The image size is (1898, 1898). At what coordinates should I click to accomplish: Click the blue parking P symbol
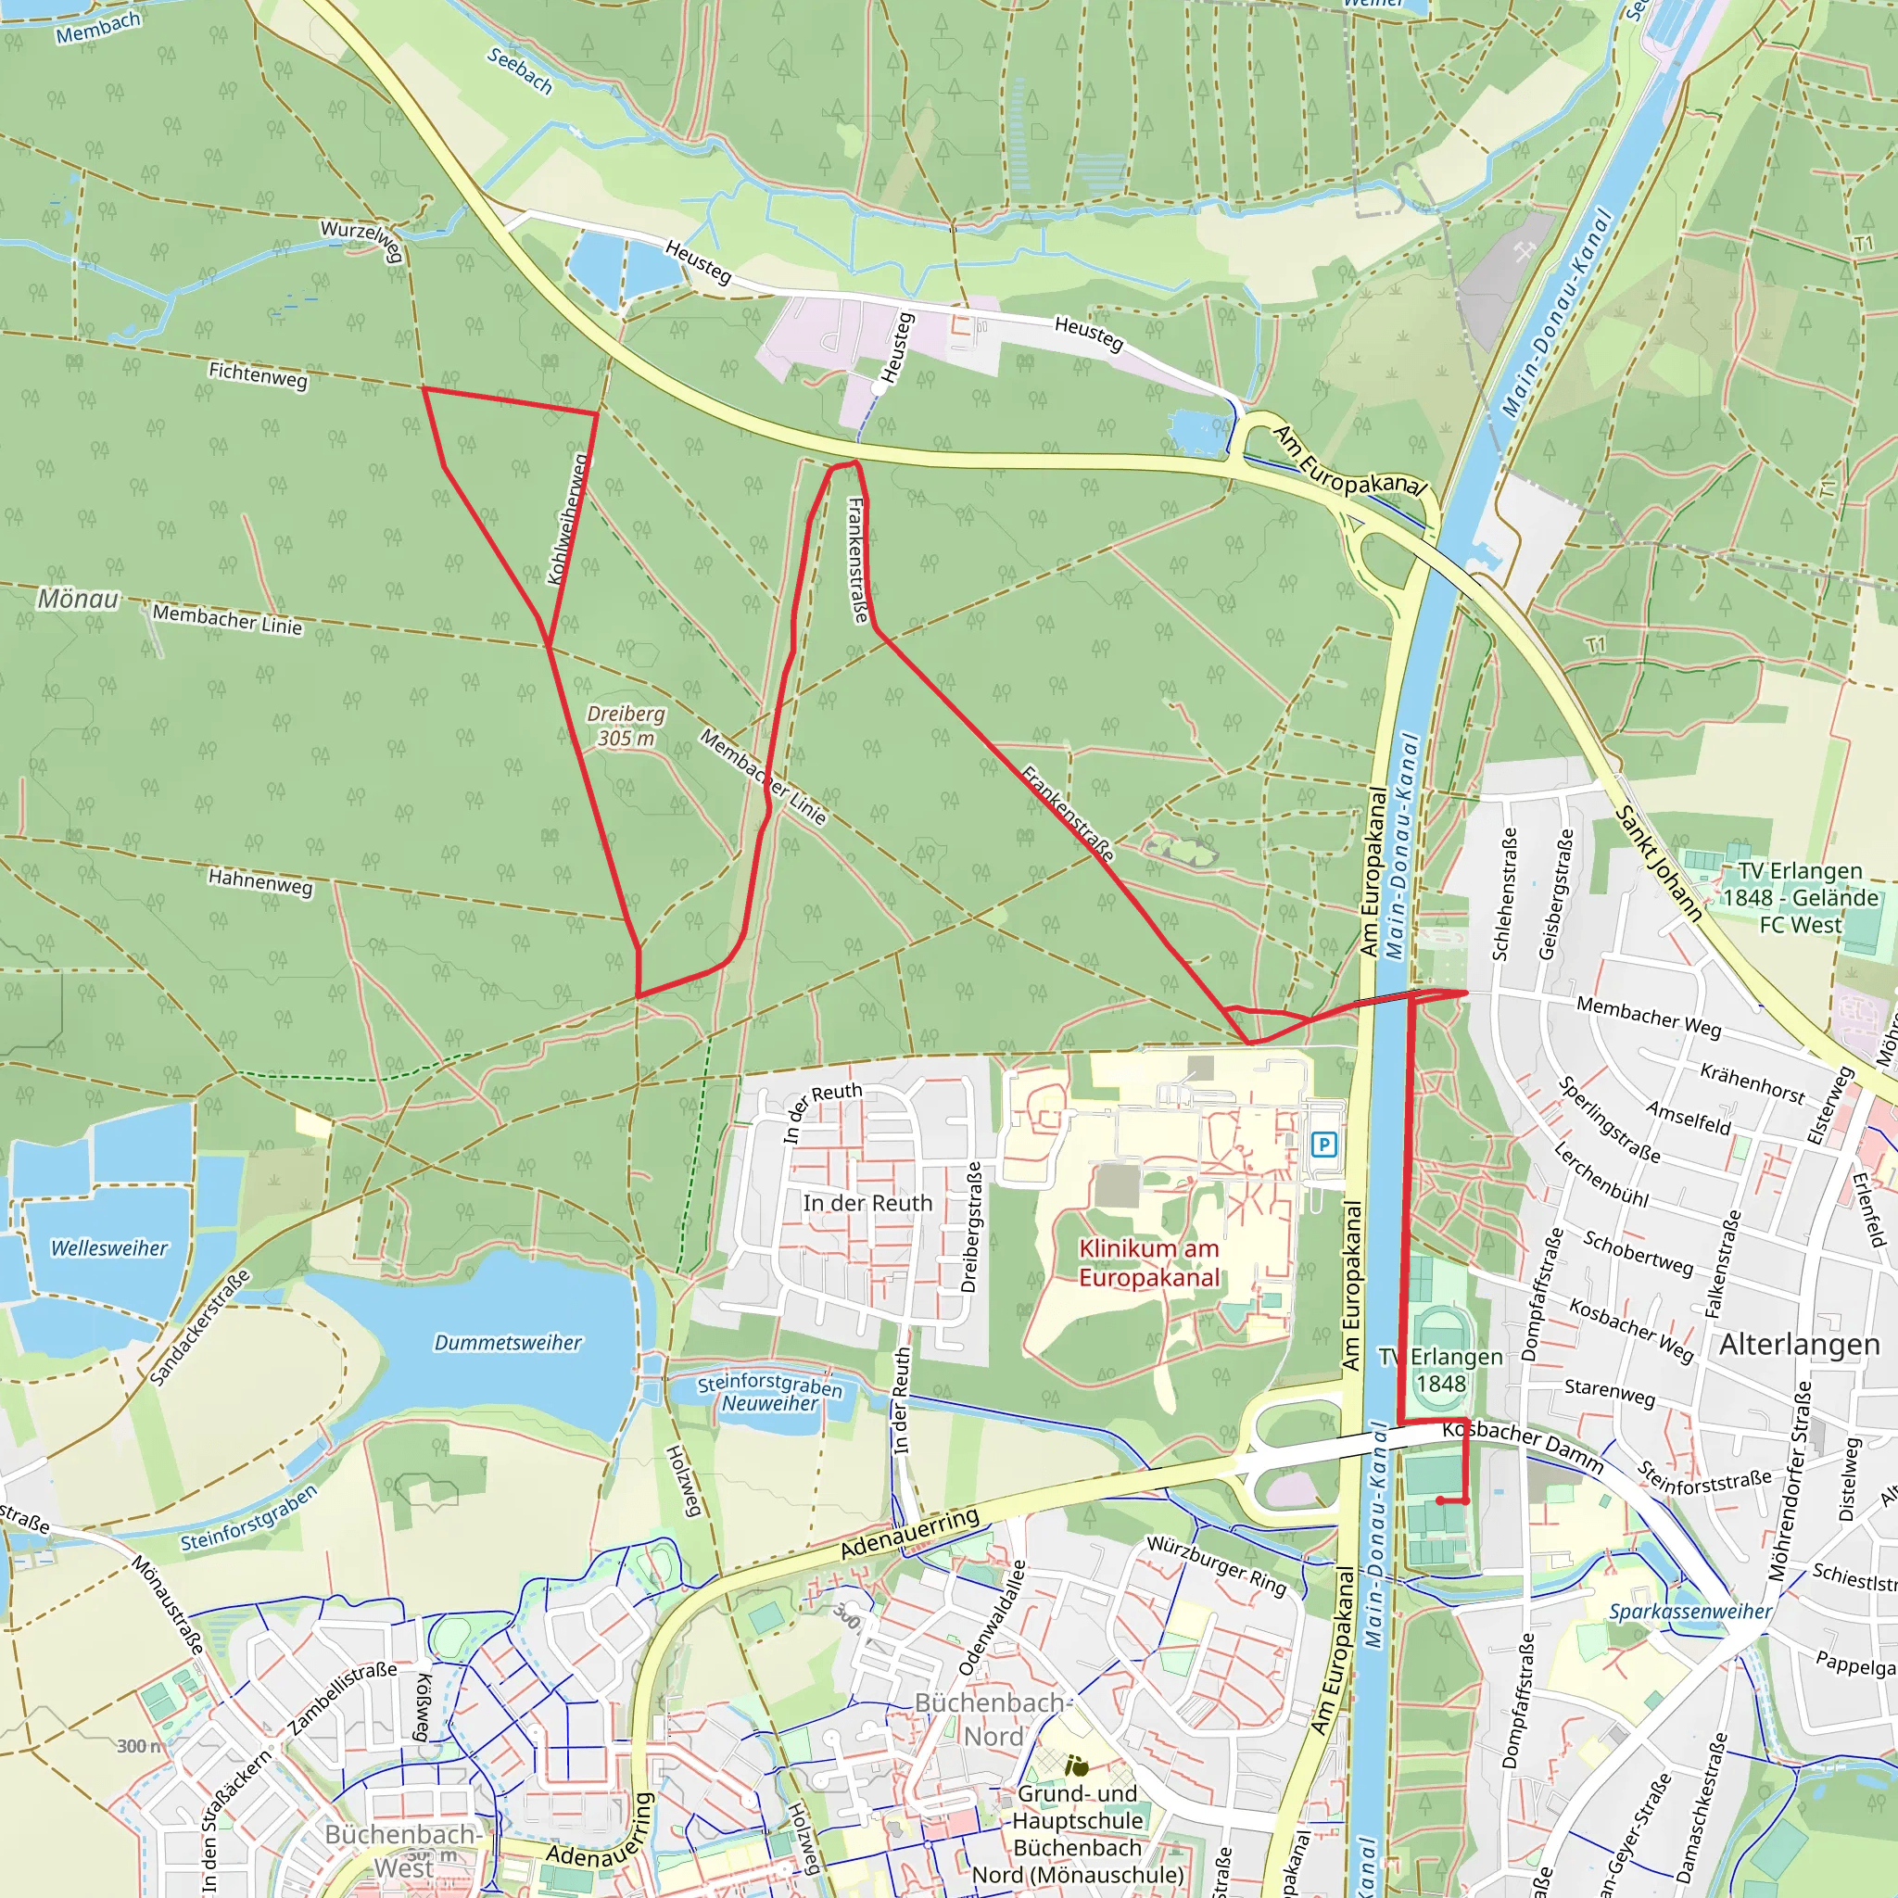[x=1324, y=1145]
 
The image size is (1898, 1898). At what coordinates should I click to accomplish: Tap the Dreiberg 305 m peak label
[x=626, y=726]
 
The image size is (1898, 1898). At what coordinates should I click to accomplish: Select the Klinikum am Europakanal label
[x=1148, y=1262]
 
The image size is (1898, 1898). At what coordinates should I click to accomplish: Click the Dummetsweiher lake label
[x=508, y=1343]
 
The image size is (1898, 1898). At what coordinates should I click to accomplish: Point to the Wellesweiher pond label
[x=110, y=1248]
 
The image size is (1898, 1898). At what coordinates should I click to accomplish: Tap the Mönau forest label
[x=79, y=599]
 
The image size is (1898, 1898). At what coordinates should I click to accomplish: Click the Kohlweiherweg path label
[x=568, y=519]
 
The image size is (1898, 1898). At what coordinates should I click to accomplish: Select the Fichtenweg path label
[x=258, y=374]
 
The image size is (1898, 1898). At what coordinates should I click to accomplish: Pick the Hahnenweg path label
[x=260, y=880]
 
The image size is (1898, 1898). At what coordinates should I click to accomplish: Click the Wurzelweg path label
[x=362, y=240]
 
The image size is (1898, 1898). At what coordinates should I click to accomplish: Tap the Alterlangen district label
[x=1799, y=1345]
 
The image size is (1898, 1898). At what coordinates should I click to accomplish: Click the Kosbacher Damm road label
[x=1523, y=1447]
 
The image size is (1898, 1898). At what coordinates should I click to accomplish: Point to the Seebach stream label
[x=520, y=70]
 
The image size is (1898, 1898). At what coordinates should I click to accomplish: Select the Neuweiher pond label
[x=769, y=1404]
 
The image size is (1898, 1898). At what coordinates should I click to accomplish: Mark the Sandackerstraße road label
[x=200, y=1327]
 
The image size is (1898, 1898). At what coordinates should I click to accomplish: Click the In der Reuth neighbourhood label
[x=867, y=1204]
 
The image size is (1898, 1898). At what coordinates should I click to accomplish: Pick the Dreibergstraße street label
[x=971, y=1228]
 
